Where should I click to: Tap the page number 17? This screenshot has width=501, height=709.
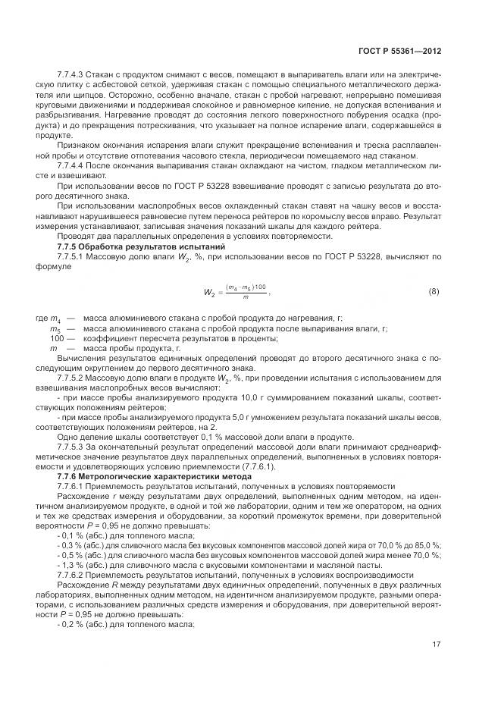coord(437,645)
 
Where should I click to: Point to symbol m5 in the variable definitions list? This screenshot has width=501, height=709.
coord(55,329)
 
